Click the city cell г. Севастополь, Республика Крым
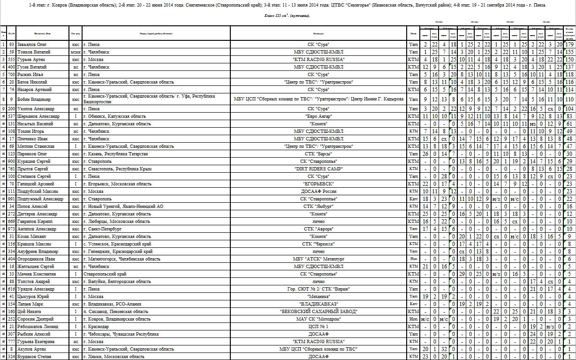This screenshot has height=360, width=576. tap(115, 169)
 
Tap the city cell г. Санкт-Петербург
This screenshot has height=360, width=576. tap(102, 229)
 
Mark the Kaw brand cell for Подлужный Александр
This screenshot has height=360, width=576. tap(413, 199)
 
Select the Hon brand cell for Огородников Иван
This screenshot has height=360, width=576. tap(413, 259)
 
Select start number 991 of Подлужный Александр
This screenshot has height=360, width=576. tap(11, 199)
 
